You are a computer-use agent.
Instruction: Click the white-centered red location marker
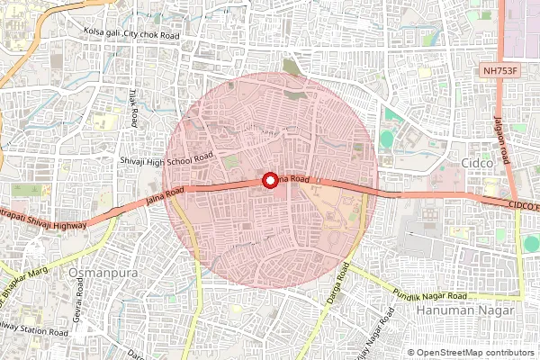pyautogui.click(x=269, y=180)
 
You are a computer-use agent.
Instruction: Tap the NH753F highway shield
pyautogui.click(x=499, y=69)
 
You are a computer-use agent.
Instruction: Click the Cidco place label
pyautogui.click(x=477, y=163)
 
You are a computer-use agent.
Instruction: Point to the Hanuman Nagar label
pyautogui.click(x=466, y=310)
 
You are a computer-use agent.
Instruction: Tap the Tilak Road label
pyautogui.click(x=132, y=106)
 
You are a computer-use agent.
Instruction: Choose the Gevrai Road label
pyautogui.click(x=79, y=294)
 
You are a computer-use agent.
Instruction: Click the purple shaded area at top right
pyautogui.click(x=523, y=27)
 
